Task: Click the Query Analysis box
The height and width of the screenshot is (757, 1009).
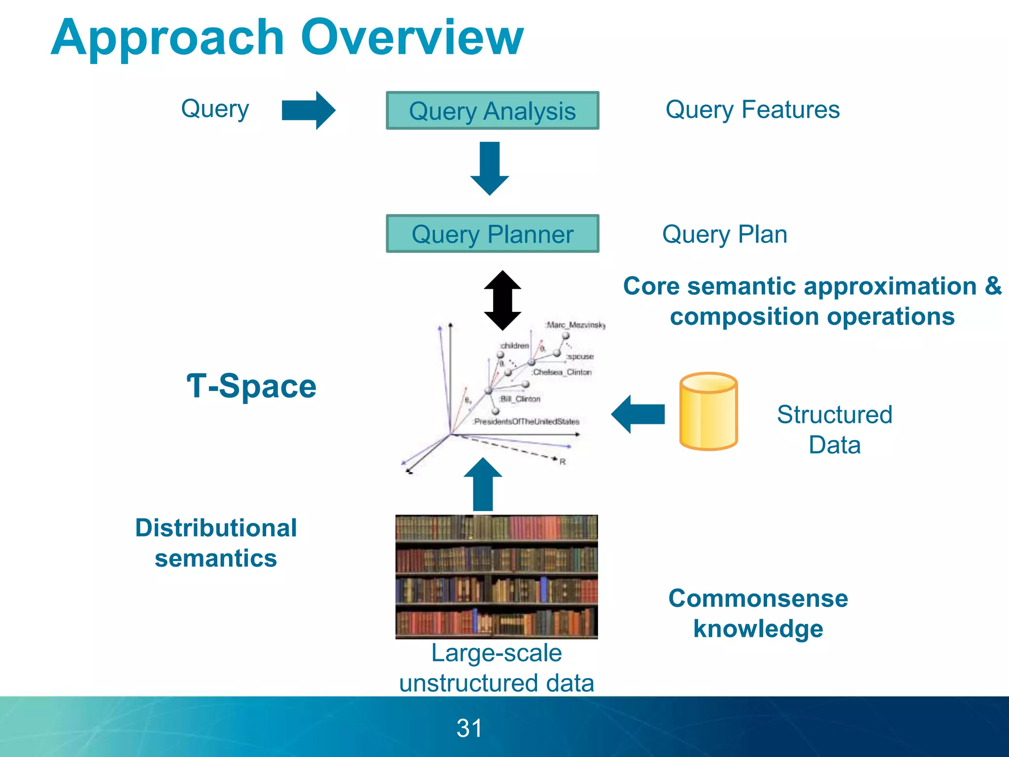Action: click(492, 110)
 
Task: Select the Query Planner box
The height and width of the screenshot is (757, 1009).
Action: click(492, 234)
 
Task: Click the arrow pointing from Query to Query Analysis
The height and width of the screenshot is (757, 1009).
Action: click(308, 110)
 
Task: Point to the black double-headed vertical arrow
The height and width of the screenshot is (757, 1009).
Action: click(502, 300)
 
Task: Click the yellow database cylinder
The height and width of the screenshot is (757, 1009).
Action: click(708, 411)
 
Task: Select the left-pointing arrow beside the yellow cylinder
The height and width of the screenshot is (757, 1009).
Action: click(638, 414)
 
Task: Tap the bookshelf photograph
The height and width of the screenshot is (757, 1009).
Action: click(496, 577)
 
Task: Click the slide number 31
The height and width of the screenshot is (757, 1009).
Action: click(469, 728)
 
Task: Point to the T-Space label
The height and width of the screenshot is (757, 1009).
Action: click(251, 386)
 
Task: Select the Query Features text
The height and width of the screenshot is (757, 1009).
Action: click(752, 109)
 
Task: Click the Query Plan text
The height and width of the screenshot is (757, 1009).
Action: click(724, 234)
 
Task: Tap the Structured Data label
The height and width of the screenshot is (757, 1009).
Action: click(834, 429)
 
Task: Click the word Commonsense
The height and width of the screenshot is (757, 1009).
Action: click(758, 598)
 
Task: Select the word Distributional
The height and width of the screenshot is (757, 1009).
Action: click(216, 528)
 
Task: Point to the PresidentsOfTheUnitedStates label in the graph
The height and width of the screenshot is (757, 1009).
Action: click(526, 422)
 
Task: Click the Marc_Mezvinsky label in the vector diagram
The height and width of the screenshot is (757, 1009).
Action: click(575, 325)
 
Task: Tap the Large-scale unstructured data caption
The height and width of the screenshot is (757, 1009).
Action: click(496, 668)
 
